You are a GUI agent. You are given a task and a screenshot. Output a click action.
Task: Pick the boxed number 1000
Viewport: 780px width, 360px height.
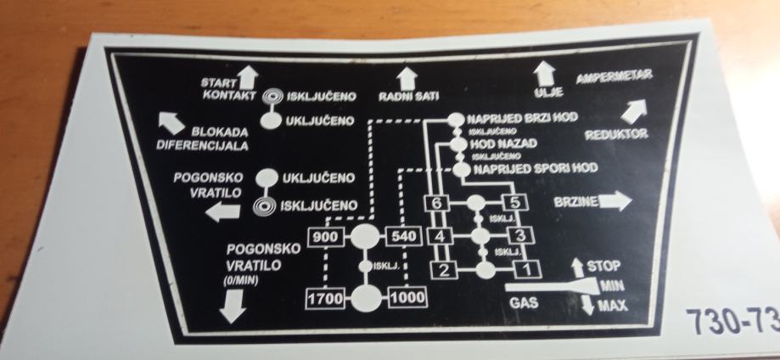pos(407,298)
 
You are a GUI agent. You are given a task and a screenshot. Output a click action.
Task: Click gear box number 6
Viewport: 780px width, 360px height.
pos(435,204)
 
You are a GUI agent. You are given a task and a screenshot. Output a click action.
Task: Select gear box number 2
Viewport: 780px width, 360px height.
pos(444,270)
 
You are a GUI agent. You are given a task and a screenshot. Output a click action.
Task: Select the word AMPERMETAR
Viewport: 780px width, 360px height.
pos(614,79)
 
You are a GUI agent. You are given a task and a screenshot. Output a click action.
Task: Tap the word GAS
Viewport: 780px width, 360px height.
pos(522,301)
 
